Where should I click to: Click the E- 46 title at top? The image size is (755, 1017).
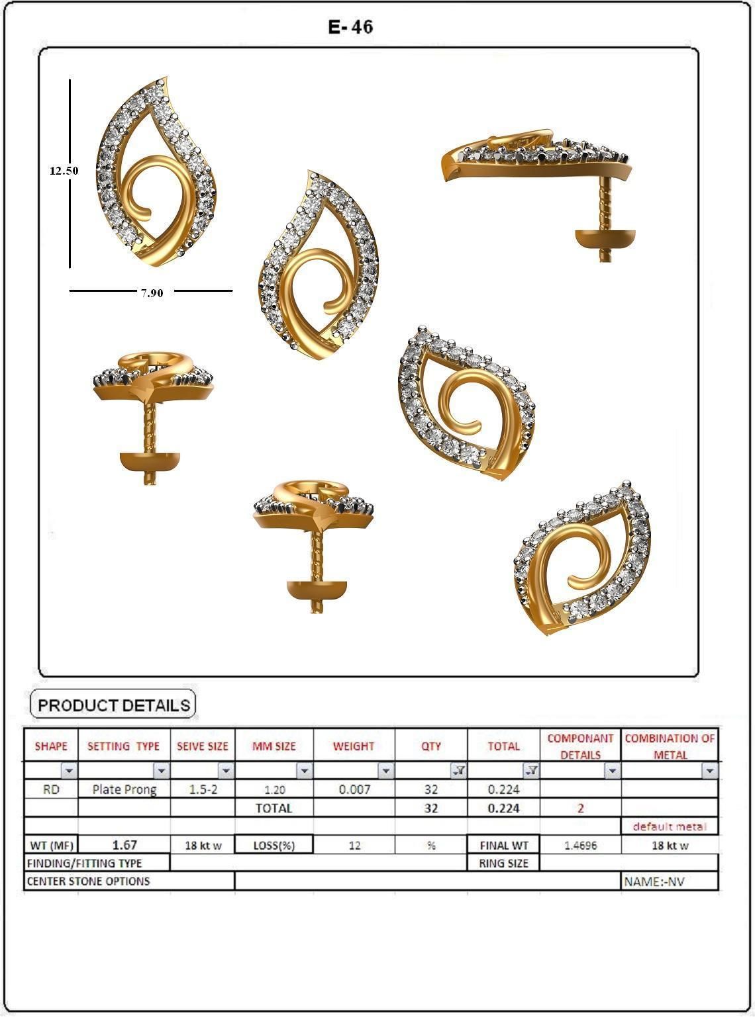pyautogui.click(x=350, y=26)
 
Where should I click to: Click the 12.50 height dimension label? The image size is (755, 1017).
pyautogui.click(x=64, y=170)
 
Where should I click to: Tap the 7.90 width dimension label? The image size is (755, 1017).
pyautogui.click(x=151, y=292)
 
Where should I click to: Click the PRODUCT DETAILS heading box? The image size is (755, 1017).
pyautogui.click(x=113, y=705)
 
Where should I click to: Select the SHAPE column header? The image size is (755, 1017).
pyautogui.click(x=51, y=746)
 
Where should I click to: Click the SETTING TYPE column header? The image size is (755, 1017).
pyautogui.click(x=124, y=746)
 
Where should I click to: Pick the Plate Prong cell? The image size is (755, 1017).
pyautogui.click(x=124, y=789)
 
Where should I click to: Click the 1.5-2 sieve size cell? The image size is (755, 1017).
pyautogui.click(x=202, y=789)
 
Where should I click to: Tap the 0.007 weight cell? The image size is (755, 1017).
pyautogui.click(x=354, y=789)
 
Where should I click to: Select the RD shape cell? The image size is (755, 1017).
pyautogui.click(x=51, y=789)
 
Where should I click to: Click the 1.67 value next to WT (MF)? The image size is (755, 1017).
pyautogui.click(x=124, y=844)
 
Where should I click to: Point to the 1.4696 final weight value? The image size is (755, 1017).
pyautogui.click(x=580, y=845)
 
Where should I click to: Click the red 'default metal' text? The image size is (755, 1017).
pyautogui.click(x=669, y=826)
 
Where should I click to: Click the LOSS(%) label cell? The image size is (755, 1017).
pyautogui.click(x=274, y=845)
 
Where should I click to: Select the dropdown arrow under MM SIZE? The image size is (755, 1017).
pyautogui.click(x=304, y=770)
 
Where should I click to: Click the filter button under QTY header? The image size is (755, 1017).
pyautogui.click(x=458, y=770)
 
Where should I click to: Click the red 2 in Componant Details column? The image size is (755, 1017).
pyautogui.click(x=580, y=808)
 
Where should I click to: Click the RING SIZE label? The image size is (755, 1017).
pyautogui.click(x=503, y=863)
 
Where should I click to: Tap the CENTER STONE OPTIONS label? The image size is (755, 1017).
pyautogui.click(x=88, y=881)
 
